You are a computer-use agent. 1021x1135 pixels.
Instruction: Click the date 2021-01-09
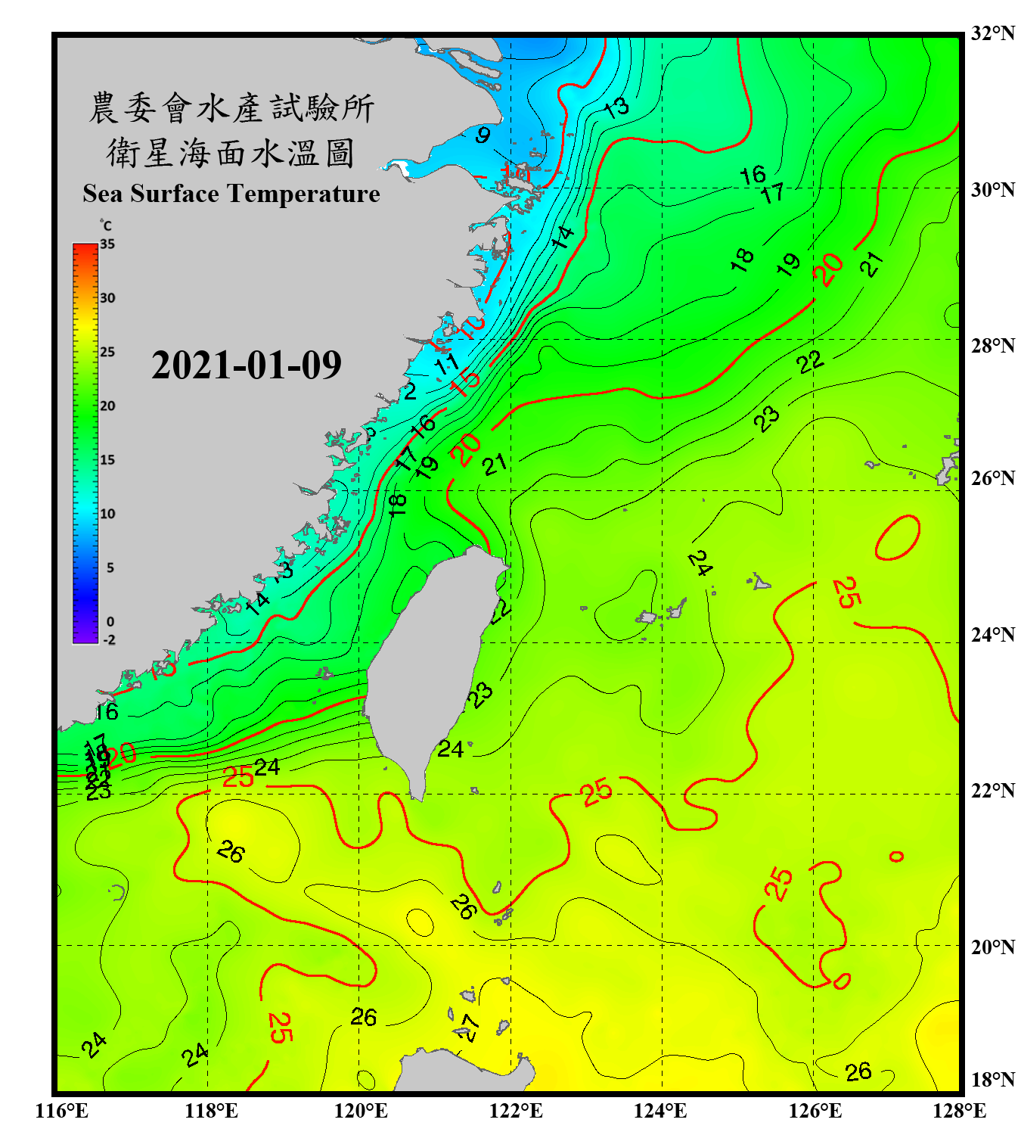click(247, 365)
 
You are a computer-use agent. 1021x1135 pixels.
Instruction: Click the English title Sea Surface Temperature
click(231, 194)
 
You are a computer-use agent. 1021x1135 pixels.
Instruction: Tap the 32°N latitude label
click(993, 33)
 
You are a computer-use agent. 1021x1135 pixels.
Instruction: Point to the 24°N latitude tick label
click(993, 634)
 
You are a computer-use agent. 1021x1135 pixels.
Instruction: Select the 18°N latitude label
click(993, 1080)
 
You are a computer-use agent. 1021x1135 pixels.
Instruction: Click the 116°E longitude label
click(62, 1111)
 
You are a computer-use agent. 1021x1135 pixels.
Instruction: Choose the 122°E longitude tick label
click(516, 1111)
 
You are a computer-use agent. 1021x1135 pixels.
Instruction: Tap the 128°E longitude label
click(959, 1111)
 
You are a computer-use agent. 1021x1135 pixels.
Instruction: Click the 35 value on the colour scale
click(107, 244)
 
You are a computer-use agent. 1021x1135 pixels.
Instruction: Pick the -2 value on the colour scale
click(109, 640)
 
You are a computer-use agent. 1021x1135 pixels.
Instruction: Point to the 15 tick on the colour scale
click(107, 460)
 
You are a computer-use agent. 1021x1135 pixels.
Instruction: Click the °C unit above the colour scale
click(106, 226)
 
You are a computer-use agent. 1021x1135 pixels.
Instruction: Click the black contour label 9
click(483, 135)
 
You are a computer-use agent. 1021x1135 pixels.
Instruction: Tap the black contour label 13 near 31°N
click(616, 107)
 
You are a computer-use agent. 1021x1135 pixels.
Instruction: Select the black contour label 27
click(468, 1027)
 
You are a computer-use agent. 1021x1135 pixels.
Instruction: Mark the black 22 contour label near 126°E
click(810, 362)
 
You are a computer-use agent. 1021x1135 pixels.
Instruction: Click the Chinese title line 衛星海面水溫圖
click(231, 153)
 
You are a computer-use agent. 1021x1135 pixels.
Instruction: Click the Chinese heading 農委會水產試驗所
click(231, 108)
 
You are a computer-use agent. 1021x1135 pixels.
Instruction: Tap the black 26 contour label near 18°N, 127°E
click(858, 1071)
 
